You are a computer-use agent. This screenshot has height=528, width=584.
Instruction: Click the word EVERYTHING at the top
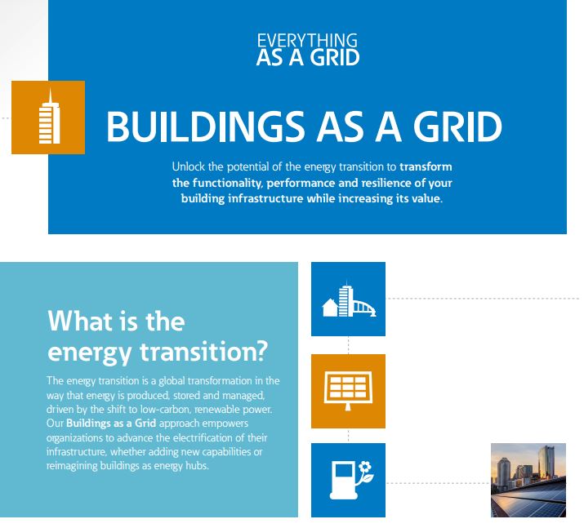307,41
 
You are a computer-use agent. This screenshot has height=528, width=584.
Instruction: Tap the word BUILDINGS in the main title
206,126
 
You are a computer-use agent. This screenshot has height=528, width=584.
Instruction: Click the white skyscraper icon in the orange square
50,117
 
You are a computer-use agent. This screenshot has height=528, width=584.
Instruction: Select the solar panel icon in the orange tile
348,391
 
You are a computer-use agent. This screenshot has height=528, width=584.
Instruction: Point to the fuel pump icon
344,480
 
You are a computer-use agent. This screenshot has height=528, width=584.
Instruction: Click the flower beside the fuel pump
365,473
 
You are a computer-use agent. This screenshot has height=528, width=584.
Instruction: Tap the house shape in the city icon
330,308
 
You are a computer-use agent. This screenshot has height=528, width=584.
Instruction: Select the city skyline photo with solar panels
528,480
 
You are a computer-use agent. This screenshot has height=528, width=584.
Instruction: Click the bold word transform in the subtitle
426,166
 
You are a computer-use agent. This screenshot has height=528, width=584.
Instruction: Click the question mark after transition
262,351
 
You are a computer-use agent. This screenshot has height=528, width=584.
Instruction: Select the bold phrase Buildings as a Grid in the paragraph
111,424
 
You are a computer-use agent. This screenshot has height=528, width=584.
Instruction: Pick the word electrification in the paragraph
205,437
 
